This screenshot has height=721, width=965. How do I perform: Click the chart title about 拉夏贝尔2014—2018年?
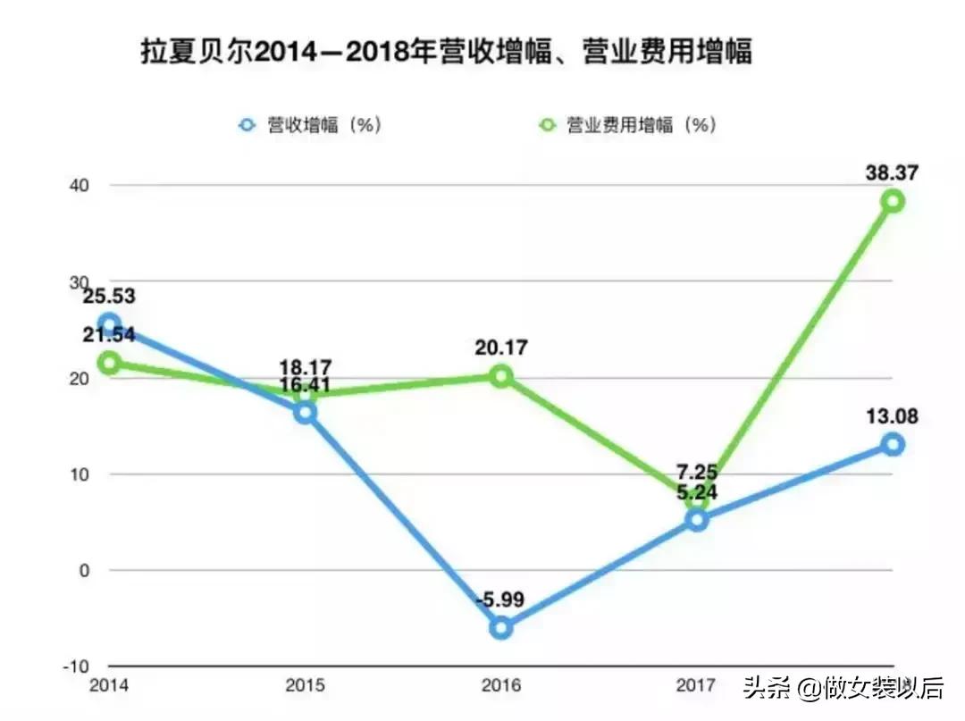tap(446, 52)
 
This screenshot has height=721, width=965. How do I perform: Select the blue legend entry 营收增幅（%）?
tap(313, 125)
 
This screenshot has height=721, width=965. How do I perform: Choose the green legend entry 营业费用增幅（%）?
tap(630, 125)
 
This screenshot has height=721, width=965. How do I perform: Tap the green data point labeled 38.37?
tap(893, 201)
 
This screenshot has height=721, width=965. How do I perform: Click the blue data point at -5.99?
tap(501, 627)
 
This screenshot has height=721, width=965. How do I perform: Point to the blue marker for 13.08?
tap(893, 444)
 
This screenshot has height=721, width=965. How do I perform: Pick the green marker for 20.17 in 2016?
tap(501, 376)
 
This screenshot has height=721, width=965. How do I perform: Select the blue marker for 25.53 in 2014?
tap(110, 324)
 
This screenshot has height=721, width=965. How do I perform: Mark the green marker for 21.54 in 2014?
tap(110, 363)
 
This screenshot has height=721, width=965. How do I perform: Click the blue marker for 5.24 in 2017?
tap(698, 520)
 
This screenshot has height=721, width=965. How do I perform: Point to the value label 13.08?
tap(891, 416)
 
